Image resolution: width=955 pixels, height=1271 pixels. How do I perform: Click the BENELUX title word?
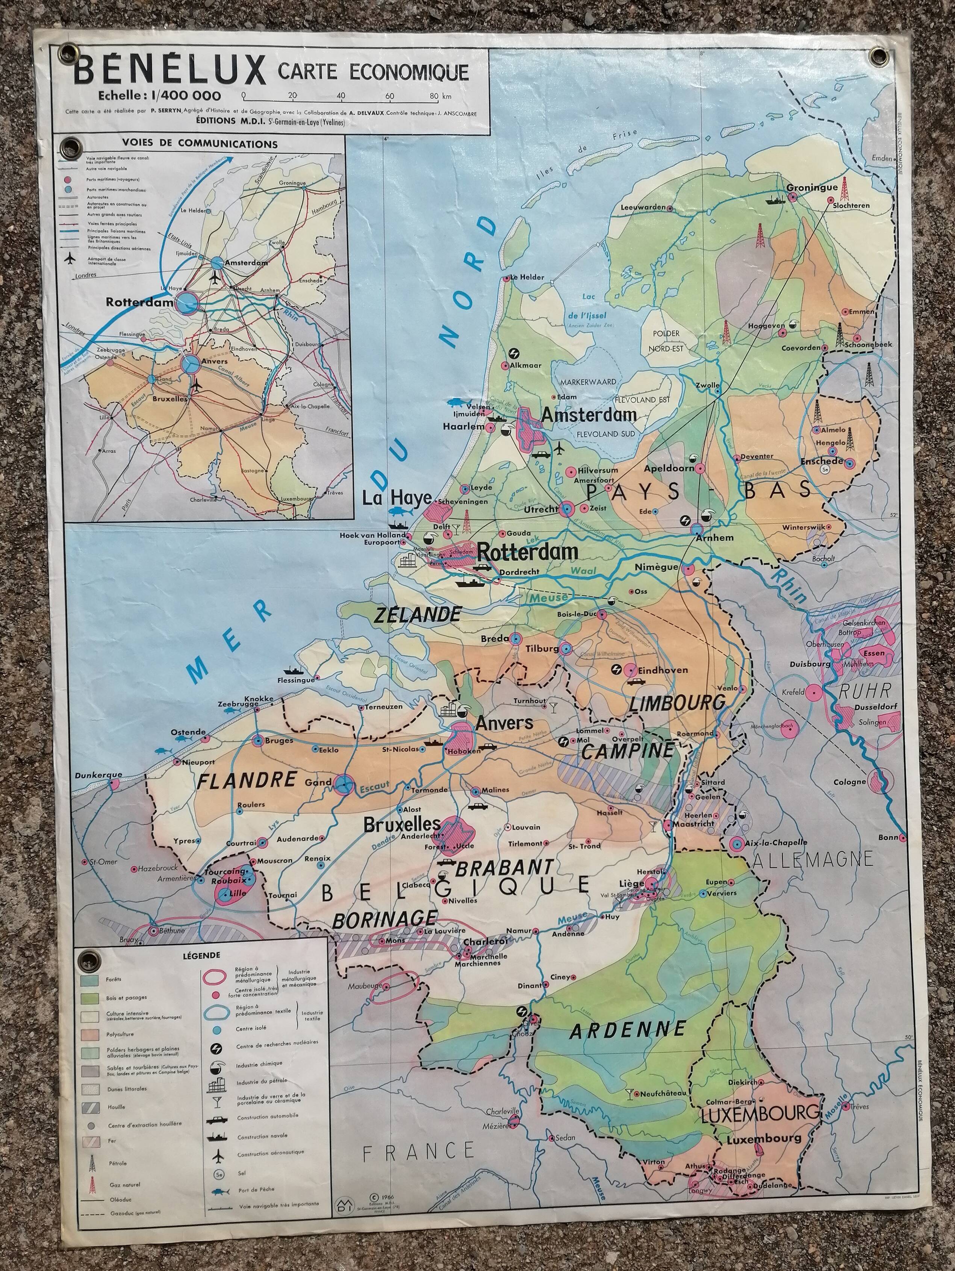(x=170, y=72)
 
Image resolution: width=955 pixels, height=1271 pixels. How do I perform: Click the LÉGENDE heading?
(x=201, y=956)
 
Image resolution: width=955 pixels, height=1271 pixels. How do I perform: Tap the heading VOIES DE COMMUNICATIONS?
(x=200, y=144)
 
